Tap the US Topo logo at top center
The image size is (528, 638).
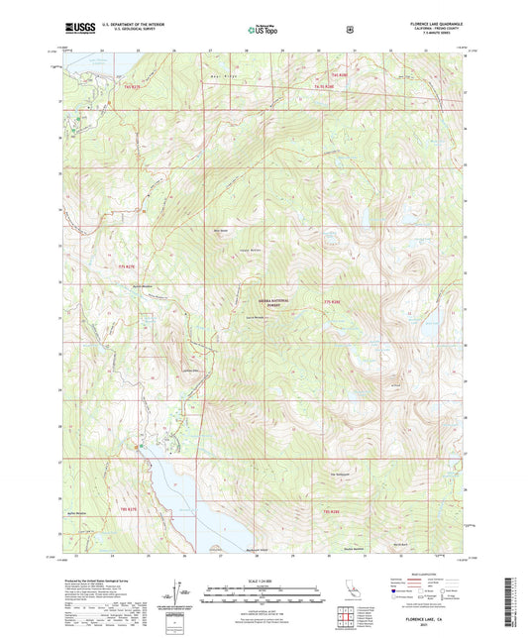tap(262, 31)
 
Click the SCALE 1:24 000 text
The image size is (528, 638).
tap(263, 579)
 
